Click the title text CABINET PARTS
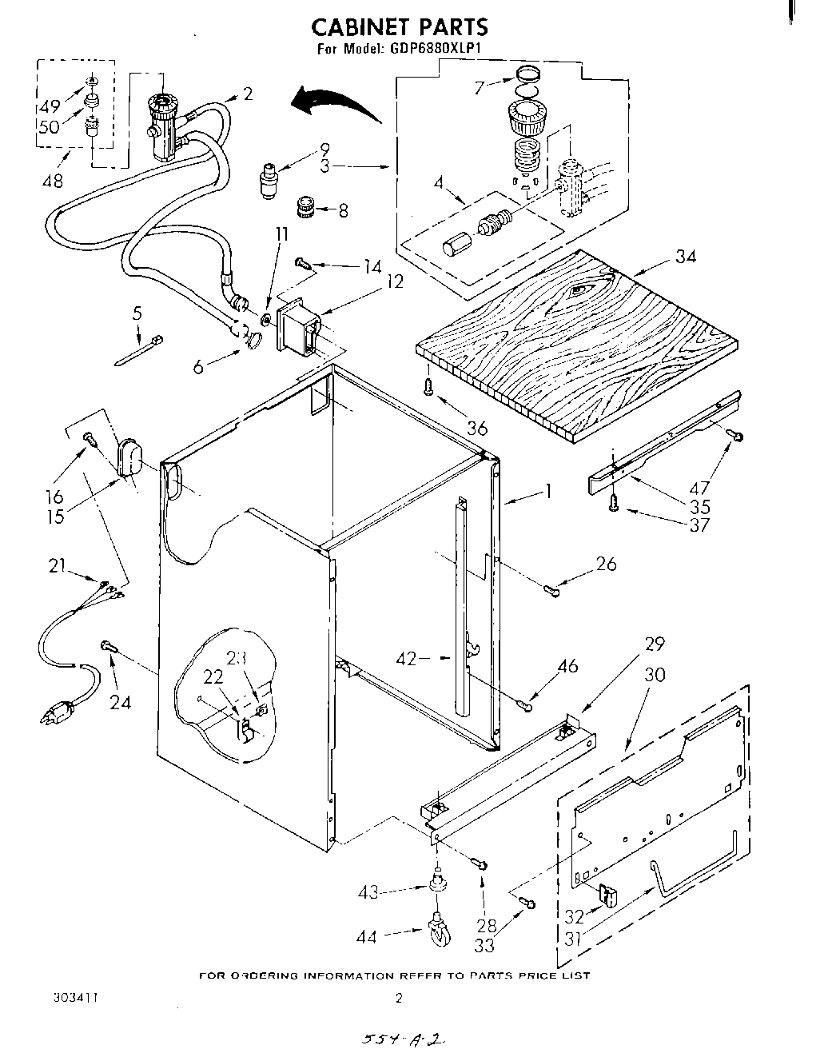[x=399, y=26]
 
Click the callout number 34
[x=685, y=257]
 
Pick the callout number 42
[x=406, y=659]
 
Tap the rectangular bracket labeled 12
[x=297, y=326]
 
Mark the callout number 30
[x=655, y=675]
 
